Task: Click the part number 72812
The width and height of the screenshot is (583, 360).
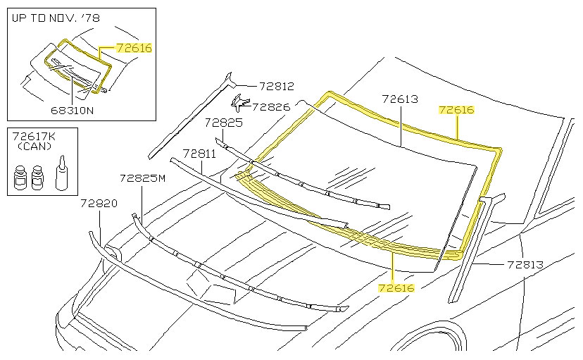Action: coord(276,86)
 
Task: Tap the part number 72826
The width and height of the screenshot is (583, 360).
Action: coord(271,107)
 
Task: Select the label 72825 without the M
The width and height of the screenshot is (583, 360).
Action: coord(224,122)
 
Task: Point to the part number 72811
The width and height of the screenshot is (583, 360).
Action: coord(199,153)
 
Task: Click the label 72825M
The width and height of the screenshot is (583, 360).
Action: coord(142,178)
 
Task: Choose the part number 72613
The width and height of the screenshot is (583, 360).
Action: coord(400,99)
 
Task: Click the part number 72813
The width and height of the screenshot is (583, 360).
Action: coord(525,265)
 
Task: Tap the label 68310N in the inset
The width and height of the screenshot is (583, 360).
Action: coord(73,110)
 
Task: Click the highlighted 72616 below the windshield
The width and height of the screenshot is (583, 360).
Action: coord(396,287)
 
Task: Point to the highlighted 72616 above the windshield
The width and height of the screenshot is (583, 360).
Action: coord(456,110)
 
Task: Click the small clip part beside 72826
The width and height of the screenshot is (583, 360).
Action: coord(241,103)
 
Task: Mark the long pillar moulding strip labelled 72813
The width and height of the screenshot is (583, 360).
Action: coord(472,247)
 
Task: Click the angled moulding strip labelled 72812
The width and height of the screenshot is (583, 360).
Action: coord(187,120)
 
